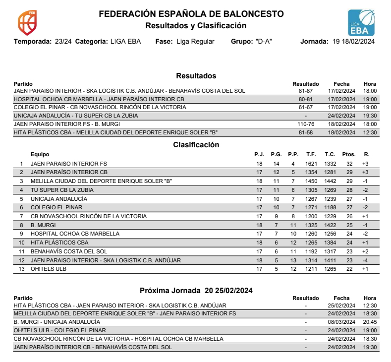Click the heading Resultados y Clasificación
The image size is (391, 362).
195,25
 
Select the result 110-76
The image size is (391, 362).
306,124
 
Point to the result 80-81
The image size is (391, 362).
306,99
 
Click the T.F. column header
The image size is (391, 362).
311,154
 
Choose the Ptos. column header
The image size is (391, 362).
349,154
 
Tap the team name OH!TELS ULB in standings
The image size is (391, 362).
48,269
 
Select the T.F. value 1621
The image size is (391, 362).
311,164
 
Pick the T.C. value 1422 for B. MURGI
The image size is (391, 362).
330,225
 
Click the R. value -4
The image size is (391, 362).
366,260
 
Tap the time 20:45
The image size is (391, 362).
370,322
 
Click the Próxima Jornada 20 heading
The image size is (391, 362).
196,290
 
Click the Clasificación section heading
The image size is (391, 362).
196,145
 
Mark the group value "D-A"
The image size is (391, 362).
265,42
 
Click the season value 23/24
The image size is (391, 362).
63,42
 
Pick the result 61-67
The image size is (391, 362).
306,107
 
